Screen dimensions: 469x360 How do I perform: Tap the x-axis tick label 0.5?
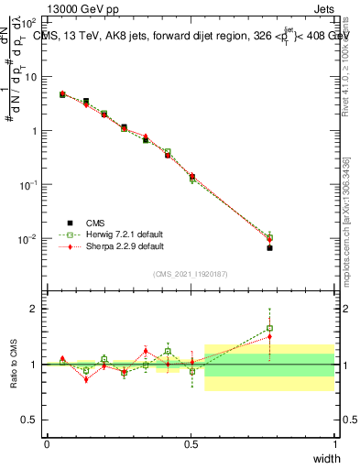pos(191,443)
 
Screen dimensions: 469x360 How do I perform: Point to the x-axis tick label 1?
pos(334,443)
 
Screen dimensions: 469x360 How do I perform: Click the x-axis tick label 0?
pos(48,443)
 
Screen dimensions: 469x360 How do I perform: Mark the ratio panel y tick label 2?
pos(34,309)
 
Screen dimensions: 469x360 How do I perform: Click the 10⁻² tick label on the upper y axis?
pos(28,238)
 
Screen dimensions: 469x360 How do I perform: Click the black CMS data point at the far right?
pos(269,248)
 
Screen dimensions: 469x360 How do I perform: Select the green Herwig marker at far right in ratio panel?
pos(269,328)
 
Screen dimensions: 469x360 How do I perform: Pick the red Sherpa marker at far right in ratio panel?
pos(269,336)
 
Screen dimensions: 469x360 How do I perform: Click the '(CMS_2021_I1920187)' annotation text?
pos(191,274)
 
